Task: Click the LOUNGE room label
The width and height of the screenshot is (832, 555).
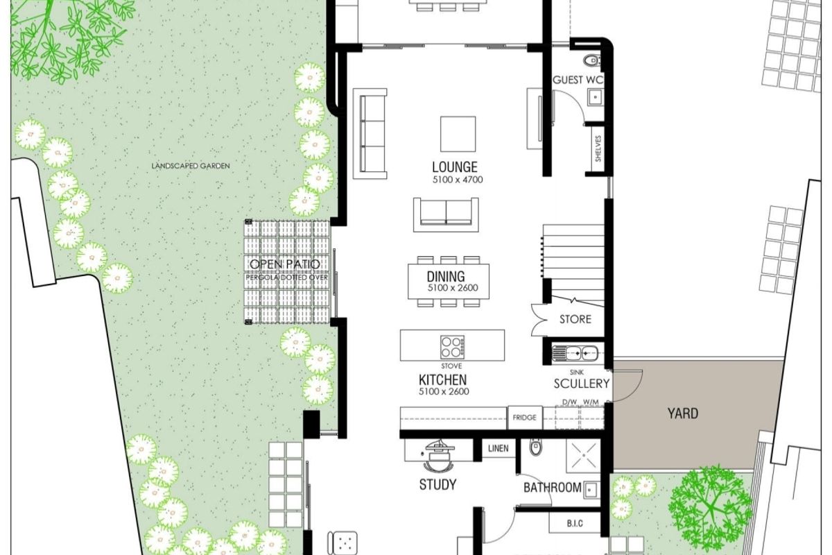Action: (454, 167)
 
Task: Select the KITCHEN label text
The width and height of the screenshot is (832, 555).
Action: (442, 380)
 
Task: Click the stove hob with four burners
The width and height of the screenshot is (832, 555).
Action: (453, 346)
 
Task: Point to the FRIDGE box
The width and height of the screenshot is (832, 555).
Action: (525, 418)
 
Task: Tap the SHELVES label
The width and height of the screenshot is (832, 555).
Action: (598, 148)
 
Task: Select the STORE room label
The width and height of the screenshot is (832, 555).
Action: (575, 319)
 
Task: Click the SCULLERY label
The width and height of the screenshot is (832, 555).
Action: (582, 384)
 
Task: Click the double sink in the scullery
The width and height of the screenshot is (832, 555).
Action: (575, 353)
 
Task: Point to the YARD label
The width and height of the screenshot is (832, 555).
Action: (682, 414)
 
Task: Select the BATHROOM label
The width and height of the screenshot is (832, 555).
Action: (552, 488)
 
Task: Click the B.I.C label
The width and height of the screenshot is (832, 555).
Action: (573, 523)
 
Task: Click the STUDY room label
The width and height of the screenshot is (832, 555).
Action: (437, 484)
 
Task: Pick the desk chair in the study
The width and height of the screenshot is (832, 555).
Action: (436, 458)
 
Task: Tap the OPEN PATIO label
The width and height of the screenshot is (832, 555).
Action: (285, 264)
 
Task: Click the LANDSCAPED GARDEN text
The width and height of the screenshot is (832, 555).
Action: (191, 166)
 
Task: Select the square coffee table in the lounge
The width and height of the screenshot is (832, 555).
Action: (458, 134)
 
